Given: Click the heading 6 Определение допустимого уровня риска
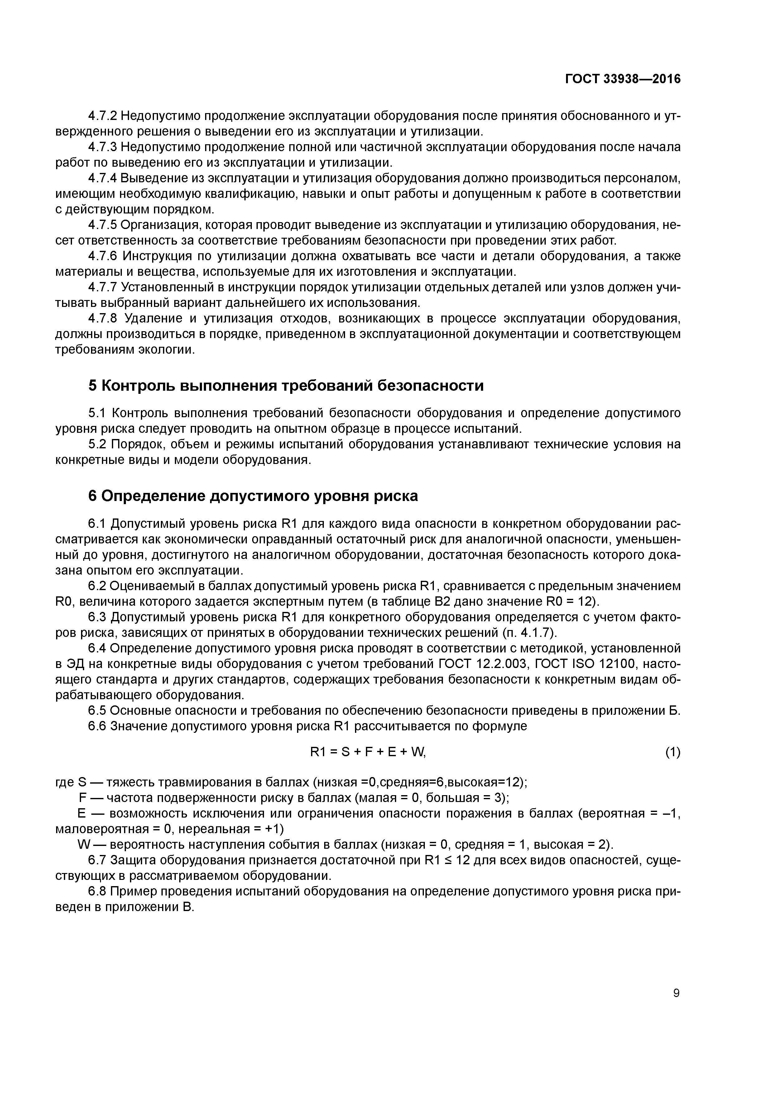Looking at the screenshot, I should (253, 496).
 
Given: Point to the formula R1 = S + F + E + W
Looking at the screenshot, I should (367, 752).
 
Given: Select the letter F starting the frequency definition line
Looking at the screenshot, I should (82, 798).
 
